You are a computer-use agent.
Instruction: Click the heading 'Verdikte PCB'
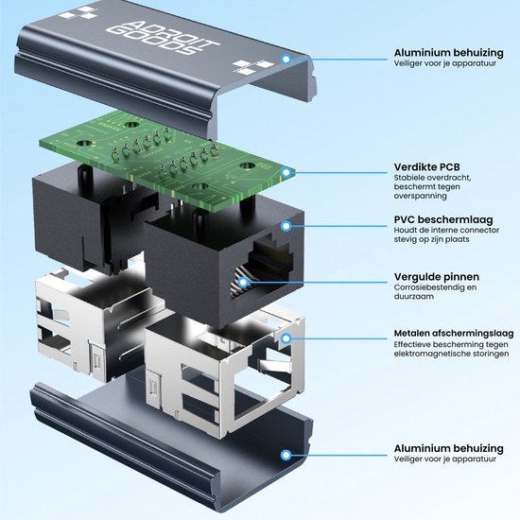click(426, 166)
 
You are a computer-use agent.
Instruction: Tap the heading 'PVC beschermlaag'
click(443, 219)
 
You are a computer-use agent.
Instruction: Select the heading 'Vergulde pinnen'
click(437, 277)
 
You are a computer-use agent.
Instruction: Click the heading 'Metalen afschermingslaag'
click(454, 333)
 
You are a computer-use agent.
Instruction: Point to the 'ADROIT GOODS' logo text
click(163, 37)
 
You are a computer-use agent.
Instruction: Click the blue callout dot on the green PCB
click(286, 172)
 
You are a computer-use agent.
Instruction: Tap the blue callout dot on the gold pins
click(243, 283)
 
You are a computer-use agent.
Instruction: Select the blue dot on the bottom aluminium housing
click(286, 455)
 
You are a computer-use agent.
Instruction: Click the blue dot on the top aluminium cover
click(286, 60)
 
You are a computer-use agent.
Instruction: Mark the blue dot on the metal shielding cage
click(286, 338)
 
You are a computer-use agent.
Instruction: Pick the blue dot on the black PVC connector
click(286, 226)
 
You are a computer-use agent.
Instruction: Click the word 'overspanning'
click(420, 196)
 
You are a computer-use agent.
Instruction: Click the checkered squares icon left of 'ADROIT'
click(78, 13)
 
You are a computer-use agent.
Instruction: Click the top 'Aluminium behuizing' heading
click(448, 53)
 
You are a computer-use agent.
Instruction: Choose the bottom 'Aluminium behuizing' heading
click(448, 448)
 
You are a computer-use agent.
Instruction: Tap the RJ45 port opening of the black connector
click(262, 269)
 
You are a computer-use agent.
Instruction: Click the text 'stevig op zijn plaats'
click(431, 239)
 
